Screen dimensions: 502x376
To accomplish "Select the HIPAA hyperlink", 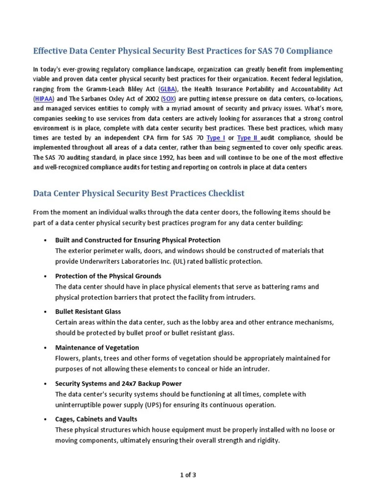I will tap(43, 98).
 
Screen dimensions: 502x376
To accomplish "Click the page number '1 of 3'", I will tap(188, 475).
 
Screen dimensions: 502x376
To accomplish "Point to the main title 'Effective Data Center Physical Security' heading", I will tap(183, 51).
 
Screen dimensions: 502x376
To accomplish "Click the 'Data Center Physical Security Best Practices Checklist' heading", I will tap(139, 193).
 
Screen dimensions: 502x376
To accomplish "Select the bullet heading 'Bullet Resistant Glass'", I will tap(88, 312).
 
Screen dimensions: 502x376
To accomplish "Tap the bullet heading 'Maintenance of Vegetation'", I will tap(97, 348).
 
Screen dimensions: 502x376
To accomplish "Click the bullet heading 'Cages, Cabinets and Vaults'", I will tap(96, 419).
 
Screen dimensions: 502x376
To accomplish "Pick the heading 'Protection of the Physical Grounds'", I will tap(108, 276).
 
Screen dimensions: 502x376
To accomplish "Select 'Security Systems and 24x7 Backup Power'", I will tap(118, 383).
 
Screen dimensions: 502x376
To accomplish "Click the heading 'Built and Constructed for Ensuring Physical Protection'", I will tap(138, 240).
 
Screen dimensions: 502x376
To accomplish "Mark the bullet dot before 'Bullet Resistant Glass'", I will tap(45, 312).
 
